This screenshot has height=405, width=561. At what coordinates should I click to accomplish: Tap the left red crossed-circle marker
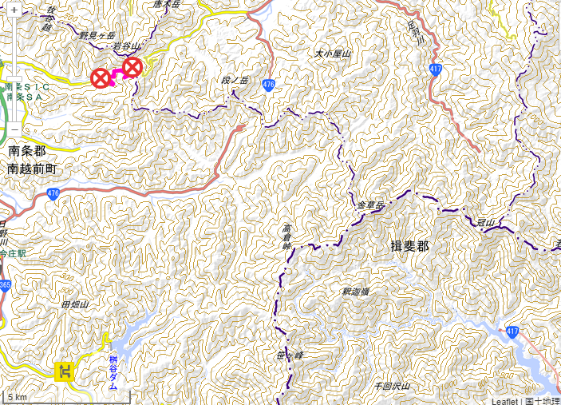coord(101,78)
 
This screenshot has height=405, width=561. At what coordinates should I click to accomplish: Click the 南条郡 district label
coord(28,151)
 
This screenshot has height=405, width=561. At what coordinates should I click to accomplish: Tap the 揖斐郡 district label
coord(410,246)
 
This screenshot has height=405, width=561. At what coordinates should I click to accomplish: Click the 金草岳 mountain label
coord(370,206)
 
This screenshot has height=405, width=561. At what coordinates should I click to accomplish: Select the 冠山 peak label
coord(486,221)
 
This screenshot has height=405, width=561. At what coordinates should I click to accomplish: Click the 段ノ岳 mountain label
coord(235,81)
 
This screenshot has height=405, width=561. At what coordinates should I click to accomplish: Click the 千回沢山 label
coord(392,387)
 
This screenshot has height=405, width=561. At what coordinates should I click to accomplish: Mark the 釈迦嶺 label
coord(355,292)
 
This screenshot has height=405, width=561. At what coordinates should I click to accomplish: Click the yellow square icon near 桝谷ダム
coord(64,371)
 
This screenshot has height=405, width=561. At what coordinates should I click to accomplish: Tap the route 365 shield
coord(5,285)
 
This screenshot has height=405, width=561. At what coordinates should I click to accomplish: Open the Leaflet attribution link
coord(504,400)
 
